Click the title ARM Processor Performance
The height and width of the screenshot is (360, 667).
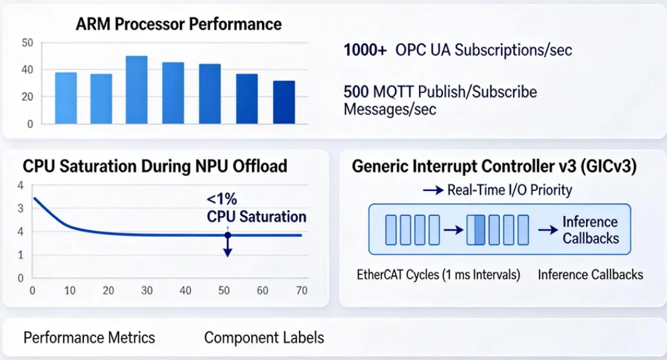[178, 25]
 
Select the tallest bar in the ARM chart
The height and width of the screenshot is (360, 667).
[136, 90]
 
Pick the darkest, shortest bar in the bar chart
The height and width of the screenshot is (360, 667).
[284, 102]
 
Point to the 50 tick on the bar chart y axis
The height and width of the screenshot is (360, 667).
[27, 43]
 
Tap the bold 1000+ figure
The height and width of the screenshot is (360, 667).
[365, 50]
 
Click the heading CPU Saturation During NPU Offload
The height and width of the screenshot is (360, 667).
[155, 166]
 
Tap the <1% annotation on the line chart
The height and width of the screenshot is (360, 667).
[222, 200]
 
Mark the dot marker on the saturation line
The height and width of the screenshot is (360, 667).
[227, 235]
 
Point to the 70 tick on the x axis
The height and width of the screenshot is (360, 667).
[301, 291]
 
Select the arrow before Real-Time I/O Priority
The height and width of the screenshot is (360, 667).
[434, 190]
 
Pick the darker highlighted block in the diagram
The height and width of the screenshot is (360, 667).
[480, 229]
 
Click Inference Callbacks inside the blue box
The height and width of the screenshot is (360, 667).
[590, 230]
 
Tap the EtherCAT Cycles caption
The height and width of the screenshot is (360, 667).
[438, 275]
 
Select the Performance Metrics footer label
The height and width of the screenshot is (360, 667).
[89, 337]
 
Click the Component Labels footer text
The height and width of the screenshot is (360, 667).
[264, 337]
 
